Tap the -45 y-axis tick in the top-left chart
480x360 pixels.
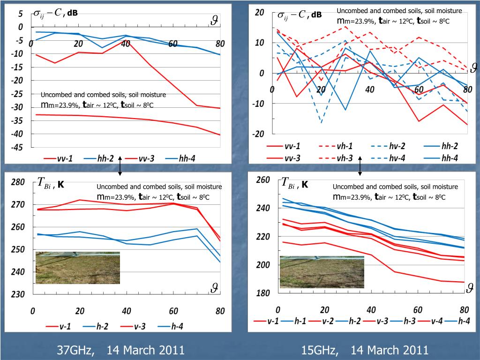17,147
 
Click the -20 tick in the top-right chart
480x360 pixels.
259,134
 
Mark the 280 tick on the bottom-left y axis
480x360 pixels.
18,182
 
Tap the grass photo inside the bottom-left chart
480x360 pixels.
78,268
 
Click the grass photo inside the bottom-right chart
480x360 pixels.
322,271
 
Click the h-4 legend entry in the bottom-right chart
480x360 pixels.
457,321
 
